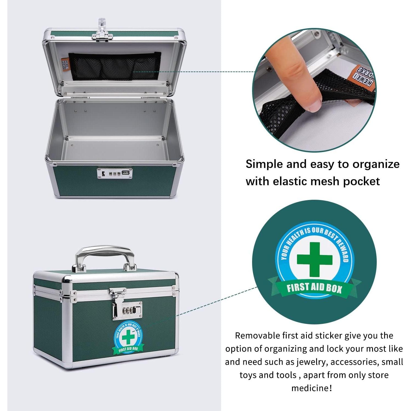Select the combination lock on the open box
[115, 174]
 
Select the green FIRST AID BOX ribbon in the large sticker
[314, 288]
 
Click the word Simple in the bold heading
[264, 164]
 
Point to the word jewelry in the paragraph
[309, 362]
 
